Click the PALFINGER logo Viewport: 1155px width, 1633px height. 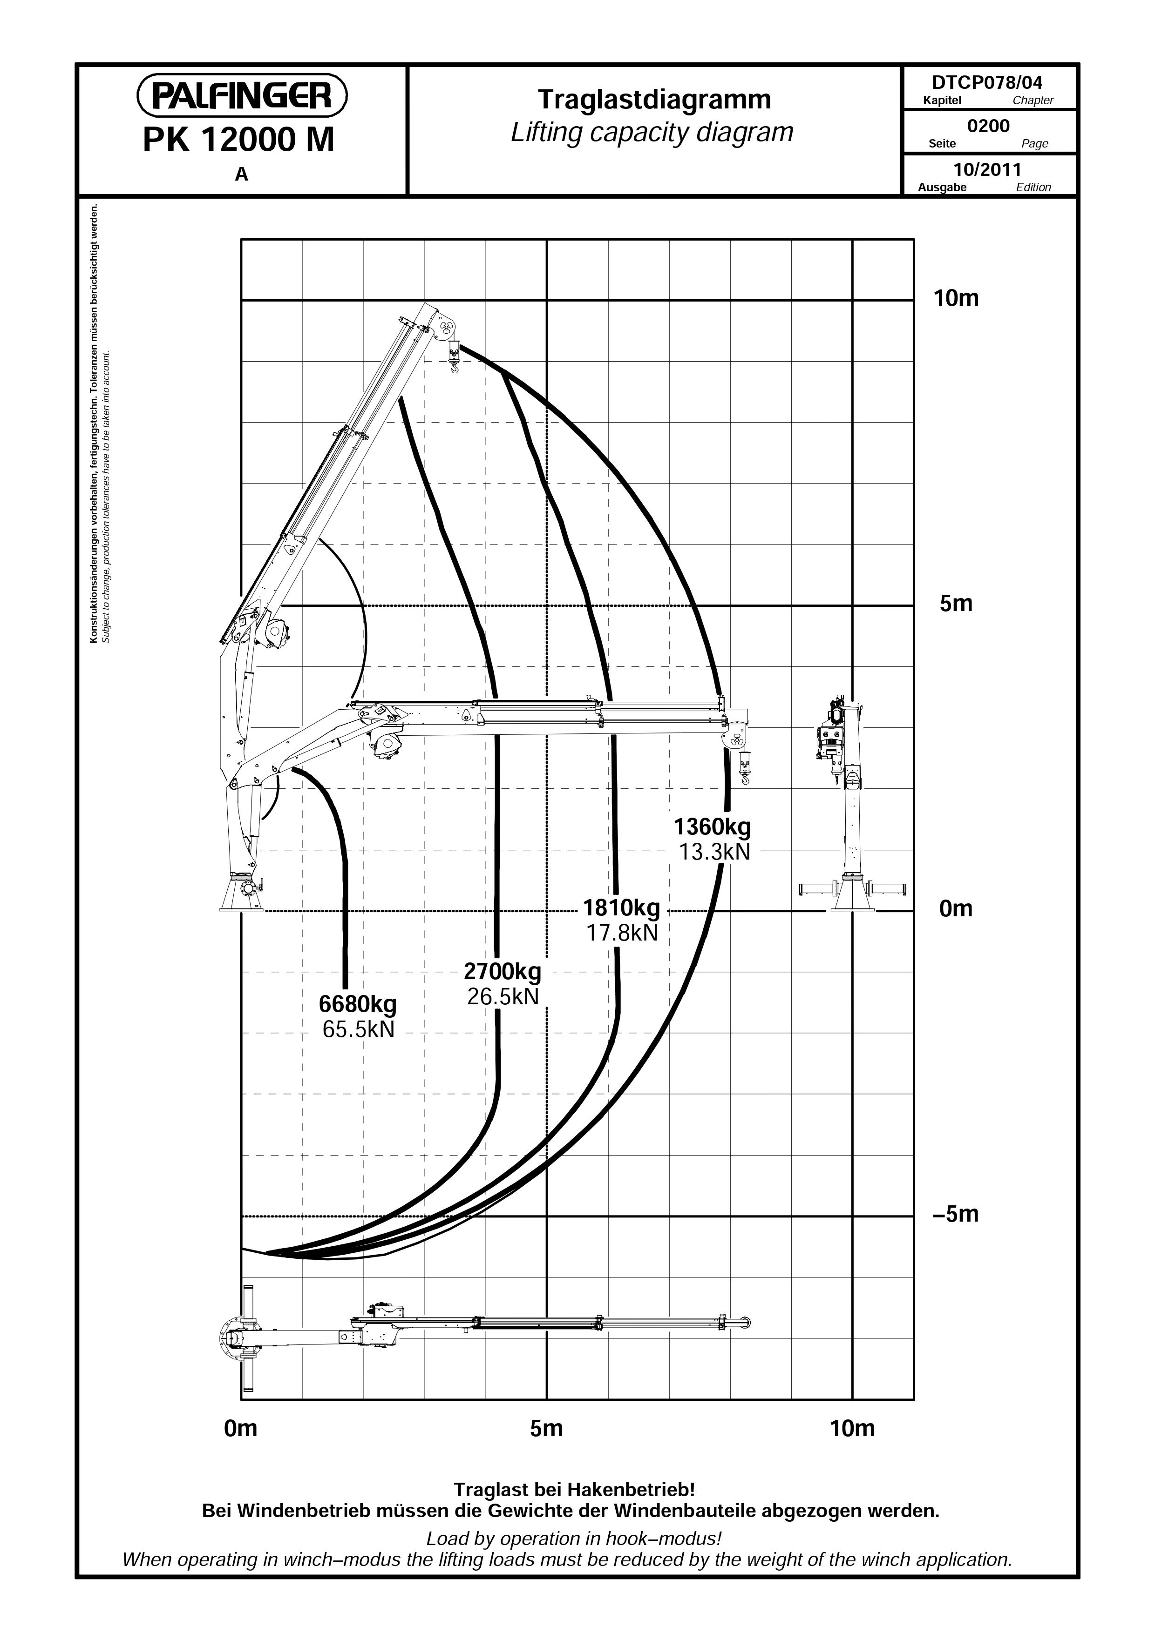242,96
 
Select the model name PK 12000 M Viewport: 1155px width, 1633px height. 239,140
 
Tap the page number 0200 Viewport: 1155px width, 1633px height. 988,126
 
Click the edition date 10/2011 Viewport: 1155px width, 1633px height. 988,169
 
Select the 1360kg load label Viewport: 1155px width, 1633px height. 713,827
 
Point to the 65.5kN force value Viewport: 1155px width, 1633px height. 358,1029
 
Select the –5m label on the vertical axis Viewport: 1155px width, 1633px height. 956,1214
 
